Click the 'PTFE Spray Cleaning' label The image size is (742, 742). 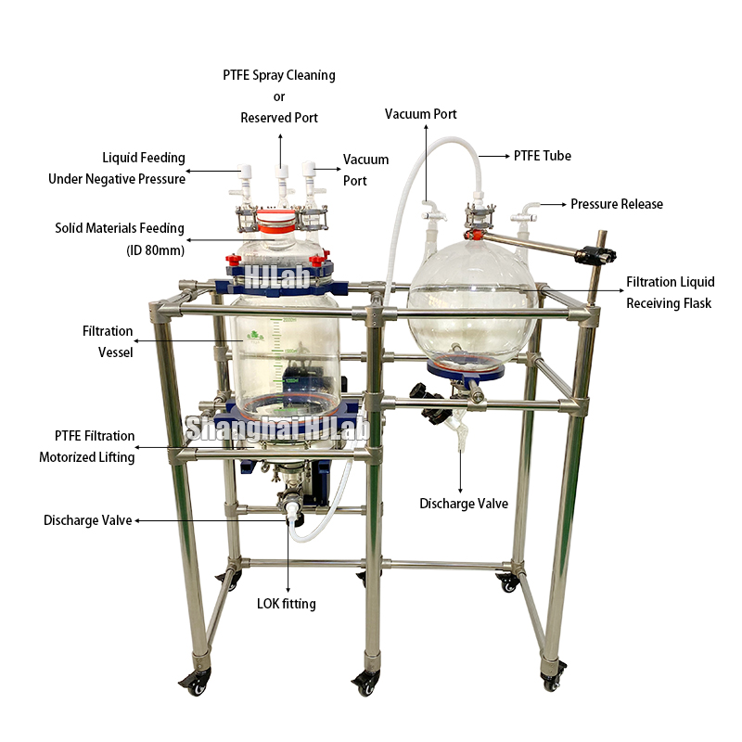click(x=278, y=74)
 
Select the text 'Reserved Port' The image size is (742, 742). click(x=278, y=118)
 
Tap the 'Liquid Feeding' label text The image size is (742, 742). click(x=143, y=158)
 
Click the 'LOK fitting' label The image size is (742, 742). click(x=286, y=604)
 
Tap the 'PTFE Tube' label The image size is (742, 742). click(x=543, y=156)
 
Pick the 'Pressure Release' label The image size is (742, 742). click(x=617, y=204)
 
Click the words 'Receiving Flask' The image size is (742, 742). click(x=668, y=303)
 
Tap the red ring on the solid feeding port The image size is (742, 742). click(x=278, y=223)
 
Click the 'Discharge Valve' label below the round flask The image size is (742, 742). click(x=464, y=504)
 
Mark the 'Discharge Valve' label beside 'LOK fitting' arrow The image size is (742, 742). click(x=87, y=520)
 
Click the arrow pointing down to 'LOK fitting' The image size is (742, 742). click(x=286, y=556)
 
